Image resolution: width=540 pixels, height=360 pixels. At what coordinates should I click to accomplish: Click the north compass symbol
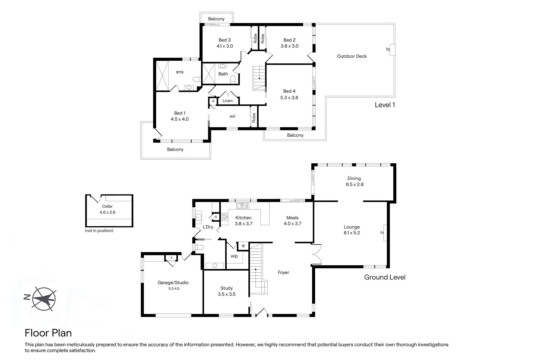[x=44, y=299]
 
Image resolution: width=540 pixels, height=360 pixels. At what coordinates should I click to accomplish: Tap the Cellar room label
[x=107, y=206]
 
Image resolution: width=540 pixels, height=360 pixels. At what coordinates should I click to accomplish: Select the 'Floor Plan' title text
[x=48, y=333]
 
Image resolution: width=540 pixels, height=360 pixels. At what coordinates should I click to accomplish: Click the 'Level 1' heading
[x=385, y=105]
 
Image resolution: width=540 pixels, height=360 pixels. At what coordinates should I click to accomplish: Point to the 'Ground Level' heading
[x=385, y=277]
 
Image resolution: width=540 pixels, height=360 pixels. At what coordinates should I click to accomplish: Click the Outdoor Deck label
[x=352, y=56]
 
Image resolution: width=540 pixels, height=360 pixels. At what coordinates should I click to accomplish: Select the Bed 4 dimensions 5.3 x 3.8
[x=289, y=98]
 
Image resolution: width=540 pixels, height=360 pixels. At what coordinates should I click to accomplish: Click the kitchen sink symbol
[x=243, y=206]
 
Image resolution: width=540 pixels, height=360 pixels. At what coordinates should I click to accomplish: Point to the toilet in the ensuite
[x=197, y=79]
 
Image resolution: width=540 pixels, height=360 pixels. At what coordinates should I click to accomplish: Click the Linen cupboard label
[x=228, y=101]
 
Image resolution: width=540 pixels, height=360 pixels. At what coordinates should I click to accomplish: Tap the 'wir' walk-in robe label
[x=232, y=116]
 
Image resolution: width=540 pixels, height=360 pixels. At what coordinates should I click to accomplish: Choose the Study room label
[x=227, y=288]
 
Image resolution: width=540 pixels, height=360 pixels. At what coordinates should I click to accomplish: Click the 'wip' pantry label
[x=234, y=256]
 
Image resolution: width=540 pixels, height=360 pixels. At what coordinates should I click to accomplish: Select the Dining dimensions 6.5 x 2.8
[x=355, y=184]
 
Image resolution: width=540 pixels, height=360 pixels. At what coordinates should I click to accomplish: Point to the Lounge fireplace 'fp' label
[x=382, y=232]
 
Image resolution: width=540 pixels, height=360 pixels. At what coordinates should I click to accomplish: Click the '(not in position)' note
[x=99, y=231]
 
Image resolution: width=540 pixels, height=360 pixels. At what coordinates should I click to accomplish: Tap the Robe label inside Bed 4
[x=254, y=118]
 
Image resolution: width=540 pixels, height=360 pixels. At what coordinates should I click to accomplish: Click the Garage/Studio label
[x=173, y=283]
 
